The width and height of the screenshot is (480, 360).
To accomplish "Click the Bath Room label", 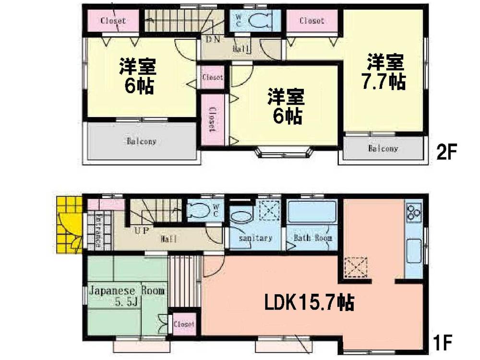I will tap(313, 238).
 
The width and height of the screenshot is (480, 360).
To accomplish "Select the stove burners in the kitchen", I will tap(413, 212).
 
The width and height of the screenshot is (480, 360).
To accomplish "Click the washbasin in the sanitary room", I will tap(241, 216).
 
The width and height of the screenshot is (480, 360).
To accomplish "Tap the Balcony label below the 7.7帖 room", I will tap(383, 149).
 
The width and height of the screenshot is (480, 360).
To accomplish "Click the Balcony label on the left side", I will tap(142, 142).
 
